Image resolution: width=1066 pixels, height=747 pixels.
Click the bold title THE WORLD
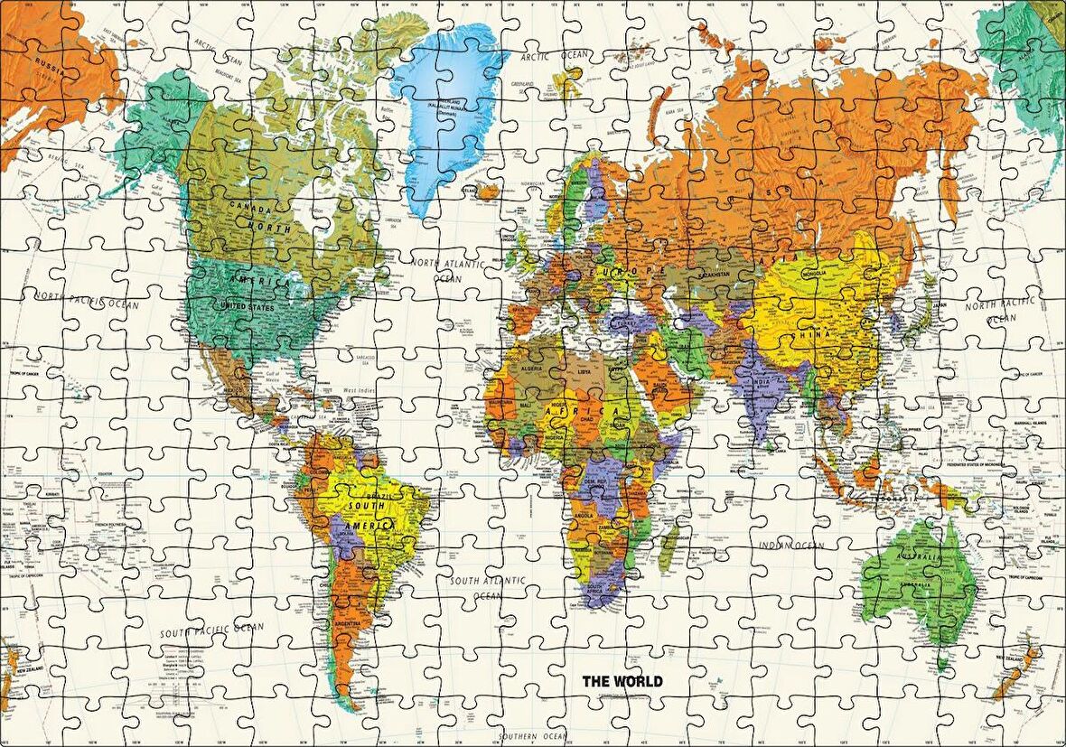point(622,681)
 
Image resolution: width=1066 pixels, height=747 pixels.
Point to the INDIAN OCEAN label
point(791,545)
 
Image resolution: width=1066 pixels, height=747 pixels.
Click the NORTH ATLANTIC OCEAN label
point(447,270)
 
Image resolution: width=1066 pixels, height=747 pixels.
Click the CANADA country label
point(250,207)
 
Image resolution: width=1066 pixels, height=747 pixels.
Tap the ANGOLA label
point(583,516)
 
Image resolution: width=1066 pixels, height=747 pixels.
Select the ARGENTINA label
point(349,624)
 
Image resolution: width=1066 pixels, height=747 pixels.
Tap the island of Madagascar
point(669,549)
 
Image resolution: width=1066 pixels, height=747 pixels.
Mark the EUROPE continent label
point(623,272)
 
